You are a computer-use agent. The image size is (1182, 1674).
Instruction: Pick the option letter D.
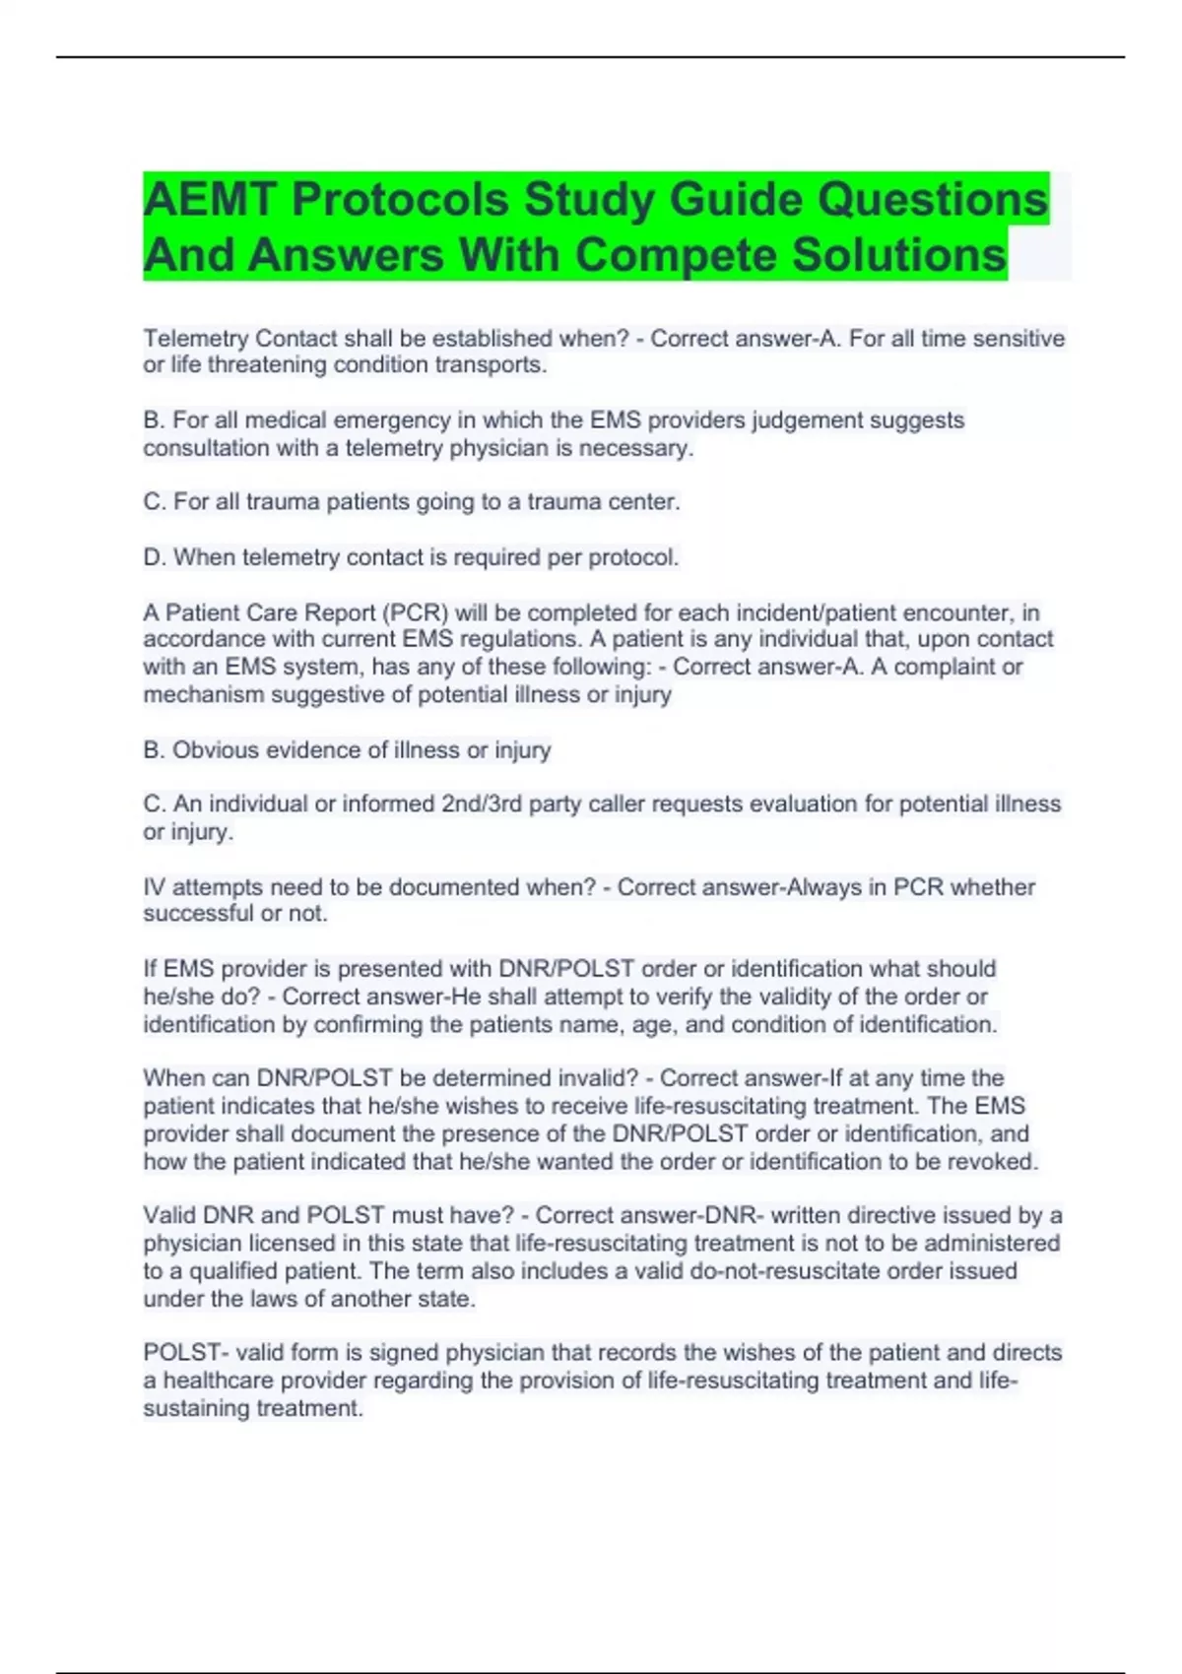click(x=153, y=557)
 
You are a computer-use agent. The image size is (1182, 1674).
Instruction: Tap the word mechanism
click(x=204, y=694)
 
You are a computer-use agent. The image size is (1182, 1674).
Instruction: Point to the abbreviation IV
click(x=155, y=887)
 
